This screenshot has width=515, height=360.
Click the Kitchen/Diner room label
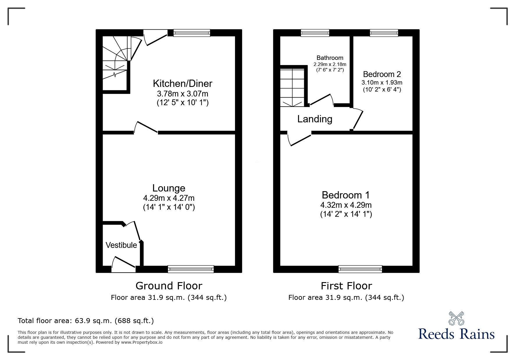[x=182, y=84]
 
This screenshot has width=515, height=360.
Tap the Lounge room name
[x=169, y=188]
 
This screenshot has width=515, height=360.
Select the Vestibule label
[x=121, y=245]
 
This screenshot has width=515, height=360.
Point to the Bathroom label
[x=330, y=58]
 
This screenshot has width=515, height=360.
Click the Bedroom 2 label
[x=382, y=74]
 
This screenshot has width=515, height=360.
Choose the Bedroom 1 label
[x=346, y=195]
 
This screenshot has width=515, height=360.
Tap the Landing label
[x=315, y=119]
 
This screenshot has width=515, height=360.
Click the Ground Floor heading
[x=169, y=286]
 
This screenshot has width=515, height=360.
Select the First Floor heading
[x=346, y=286]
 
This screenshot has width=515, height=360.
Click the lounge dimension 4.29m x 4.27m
[x=169, y=198]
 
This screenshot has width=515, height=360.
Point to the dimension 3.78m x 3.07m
[x=182, y=94]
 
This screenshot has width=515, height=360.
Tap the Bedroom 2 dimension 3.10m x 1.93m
[x=382, y=83]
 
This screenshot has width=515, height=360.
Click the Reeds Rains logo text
[x=456, y=334]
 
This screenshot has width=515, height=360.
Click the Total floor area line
[x=86, y=321]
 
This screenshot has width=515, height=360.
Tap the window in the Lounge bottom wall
[x=191, y=269]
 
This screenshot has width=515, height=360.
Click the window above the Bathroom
[x=315, y=33]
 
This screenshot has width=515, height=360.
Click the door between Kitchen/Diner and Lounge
[x=146, y=128]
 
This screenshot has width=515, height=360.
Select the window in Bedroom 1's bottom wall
[x=360, y=269]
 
